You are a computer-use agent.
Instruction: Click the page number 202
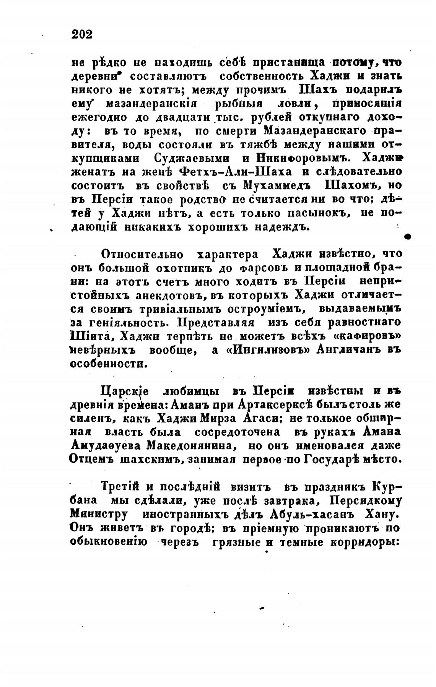coord(82,34)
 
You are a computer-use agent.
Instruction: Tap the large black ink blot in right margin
coord(408,237)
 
